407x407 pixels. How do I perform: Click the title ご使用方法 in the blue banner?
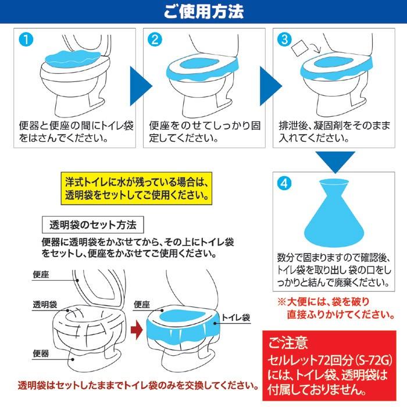point(203,12)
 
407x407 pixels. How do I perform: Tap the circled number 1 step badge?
point(26,40)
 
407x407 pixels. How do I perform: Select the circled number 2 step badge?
point(155,40)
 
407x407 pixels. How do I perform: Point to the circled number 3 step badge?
point(285,40)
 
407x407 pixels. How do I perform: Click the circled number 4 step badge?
point(285,183)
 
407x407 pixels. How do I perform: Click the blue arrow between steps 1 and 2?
point(140,86)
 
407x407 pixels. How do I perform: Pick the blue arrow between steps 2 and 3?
point(270,86)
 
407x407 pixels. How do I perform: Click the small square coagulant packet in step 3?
point(299,48)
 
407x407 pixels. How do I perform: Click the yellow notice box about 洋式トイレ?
point(137,188)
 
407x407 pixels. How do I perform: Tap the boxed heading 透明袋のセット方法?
point(93,225)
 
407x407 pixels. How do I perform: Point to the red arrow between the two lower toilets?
point(137,330)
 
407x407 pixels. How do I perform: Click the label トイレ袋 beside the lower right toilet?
point(235,317)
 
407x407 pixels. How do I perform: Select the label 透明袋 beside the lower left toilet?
point(45,305)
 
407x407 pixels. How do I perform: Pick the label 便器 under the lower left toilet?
point(41,354)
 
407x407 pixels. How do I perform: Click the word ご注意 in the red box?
point(288,342)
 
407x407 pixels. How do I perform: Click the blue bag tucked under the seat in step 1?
point(73,59)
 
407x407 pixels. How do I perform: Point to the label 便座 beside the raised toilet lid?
point(41,274)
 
